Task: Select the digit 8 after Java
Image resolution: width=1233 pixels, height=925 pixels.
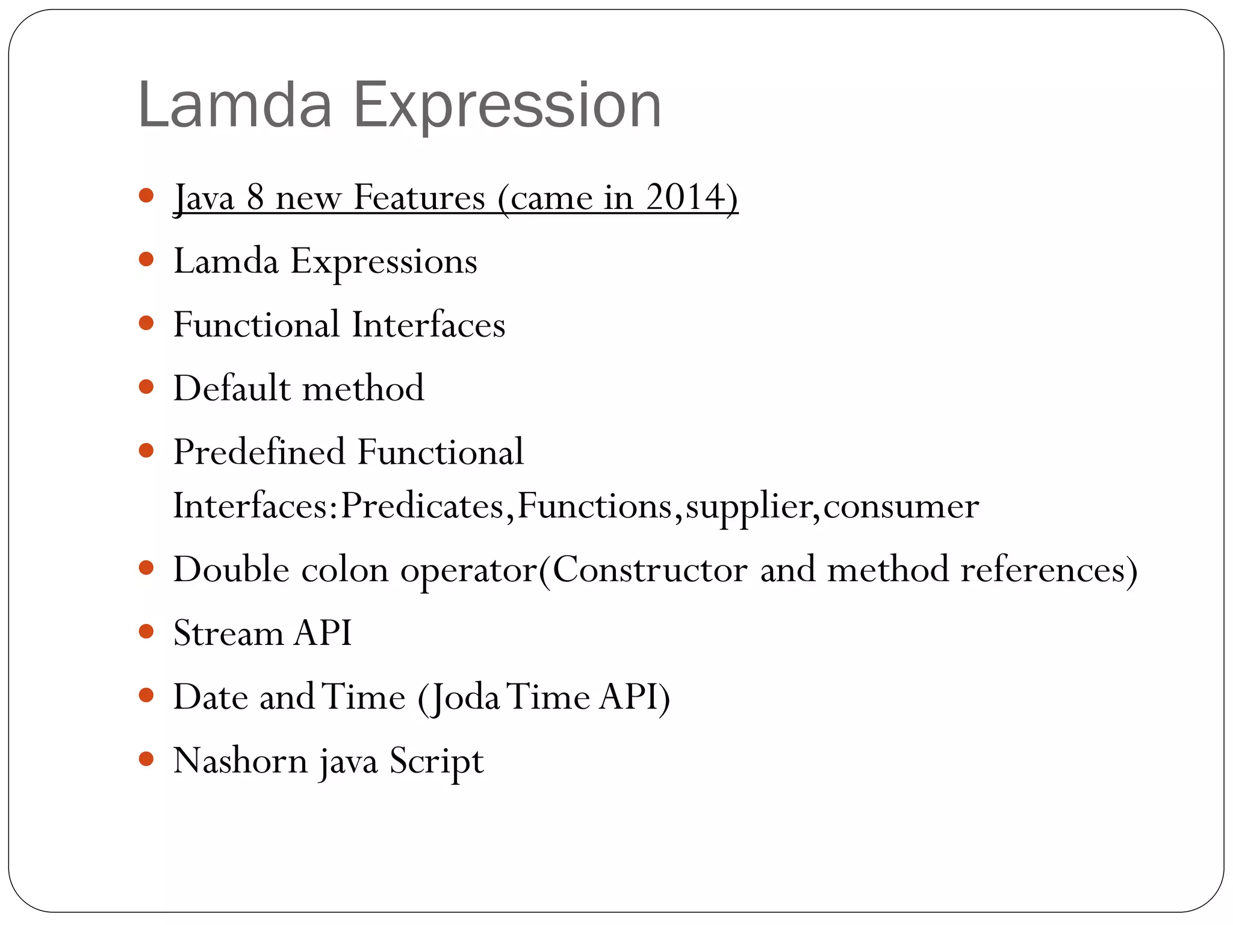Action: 255,197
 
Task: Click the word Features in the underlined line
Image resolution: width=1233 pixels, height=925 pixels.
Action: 419,197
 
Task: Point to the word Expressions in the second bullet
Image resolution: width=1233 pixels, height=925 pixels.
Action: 384,262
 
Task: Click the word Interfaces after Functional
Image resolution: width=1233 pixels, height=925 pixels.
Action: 428,325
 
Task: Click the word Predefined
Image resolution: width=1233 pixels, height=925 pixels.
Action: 259,452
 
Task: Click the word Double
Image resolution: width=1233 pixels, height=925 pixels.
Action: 231,570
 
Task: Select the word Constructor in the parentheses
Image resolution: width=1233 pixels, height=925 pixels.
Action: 650,570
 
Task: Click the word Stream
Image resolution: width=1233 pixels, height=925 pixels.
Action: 228,634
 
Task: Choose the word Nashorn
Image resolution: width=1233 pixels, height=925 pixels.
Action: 241,761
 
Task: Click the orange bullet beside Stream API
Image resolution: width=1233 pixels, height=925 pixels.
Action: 146,632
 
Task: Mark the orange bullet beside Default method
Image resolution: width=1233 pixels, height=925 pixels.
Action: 146,387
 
